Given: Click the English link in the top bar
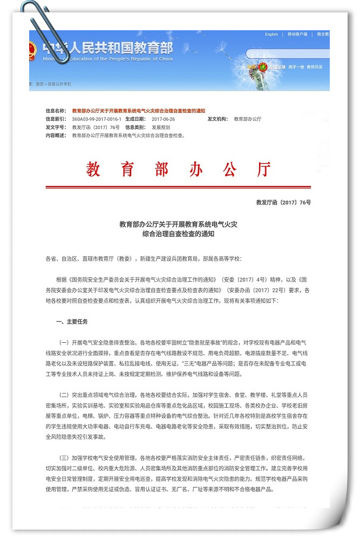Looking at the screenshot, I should coord(271,34).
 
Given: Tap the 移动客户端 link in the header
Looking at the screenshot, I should coord(297,34).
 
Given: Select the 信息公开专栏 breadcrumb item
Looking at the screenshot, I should coord(59,84).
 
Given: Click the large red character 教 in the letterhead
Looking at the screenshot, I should coord(93,169).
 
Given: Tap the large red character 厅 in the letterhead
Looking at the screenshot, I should coord(263,169).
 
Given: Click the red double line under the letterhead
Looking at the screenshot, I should coord(178,187).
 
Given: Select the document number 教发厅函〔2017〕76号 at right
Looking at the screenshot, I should coord(283,202).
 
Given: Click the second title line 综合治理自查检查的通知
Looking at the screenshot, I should coord(178,234).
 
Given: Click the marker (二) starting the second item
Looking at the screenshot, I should coord(64,395).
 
